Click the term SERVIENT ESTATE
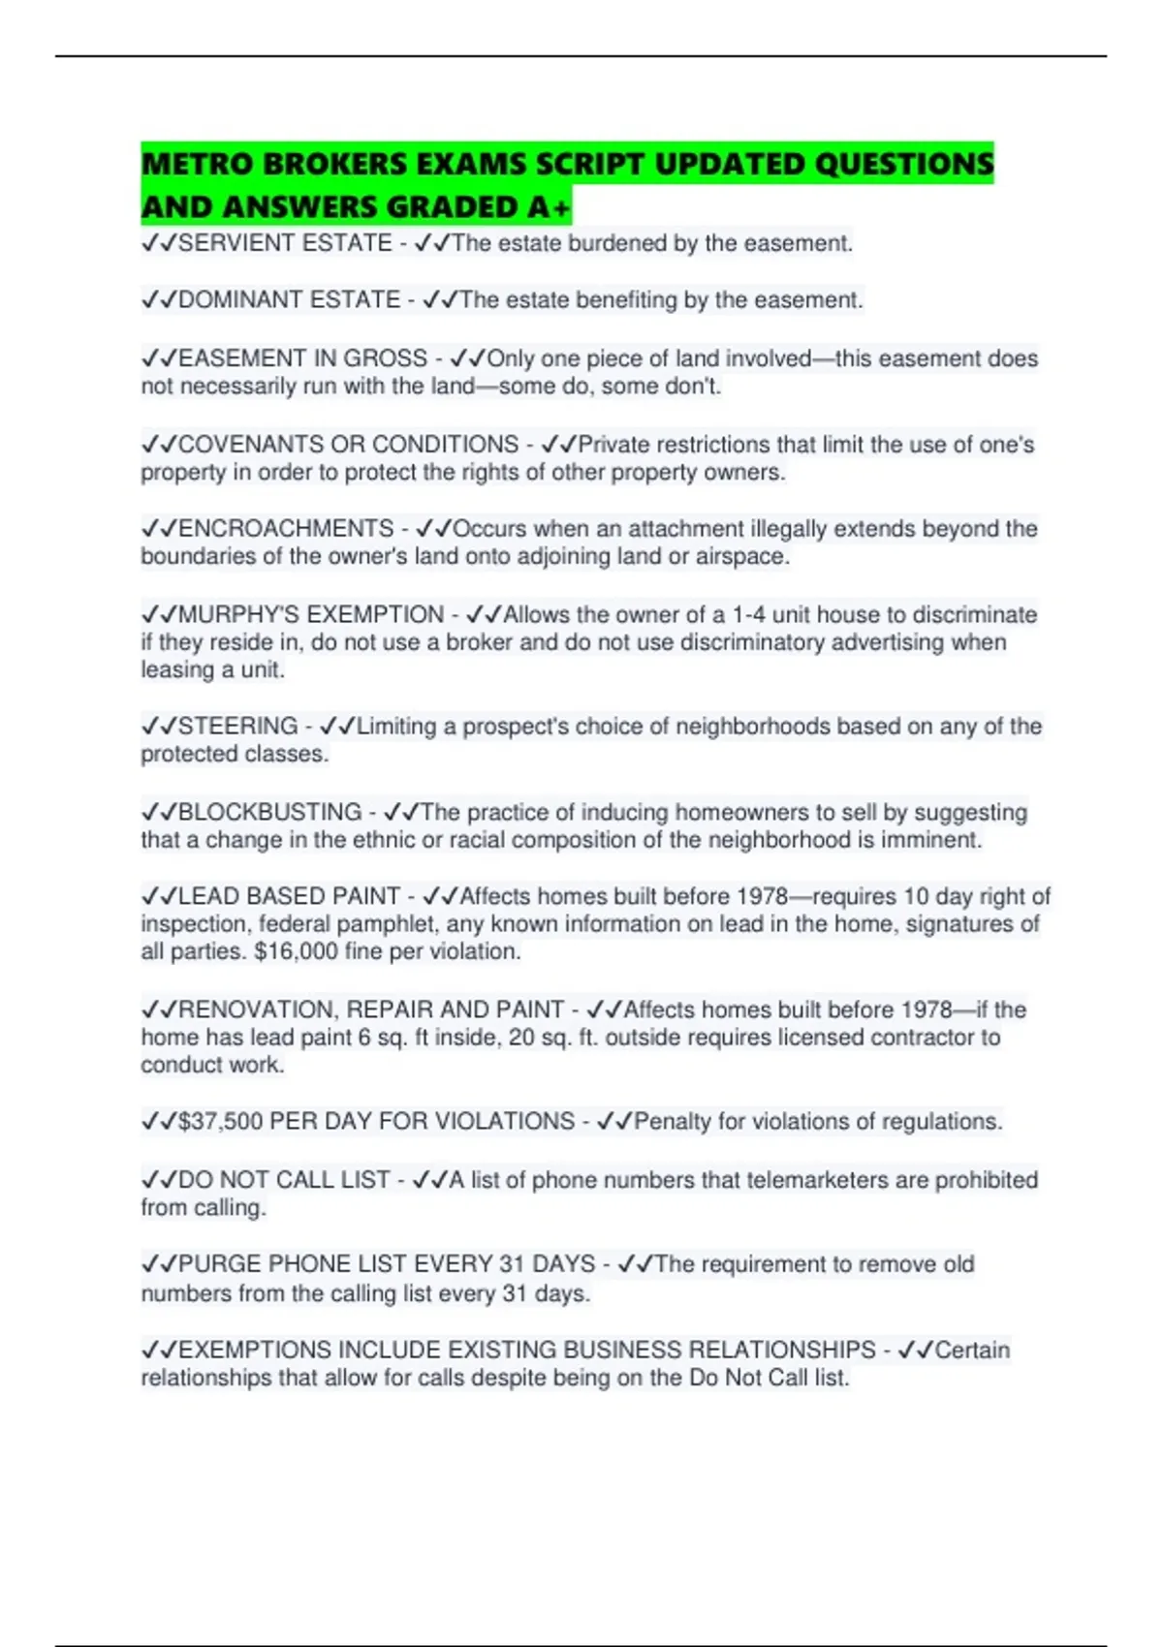(x=285, y=243)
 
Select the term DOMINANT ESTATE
(x=289, y=300)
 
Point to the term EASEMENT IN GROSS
(x=302, y=358)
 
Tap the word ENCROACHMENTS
(x=286, y=529)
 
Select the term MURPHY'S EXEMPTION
(x=311, y=615)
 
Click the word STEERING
(x=237, y=727)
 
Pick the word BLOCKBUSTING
(x=269, y=812)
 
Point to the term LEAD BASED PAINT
(x=289, y=896)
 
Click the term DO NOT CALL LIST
(x=284, y=1180)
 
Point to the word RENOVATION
(x=258, y=1010)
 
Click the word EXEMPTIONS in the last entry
(x=255, y=1351)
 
